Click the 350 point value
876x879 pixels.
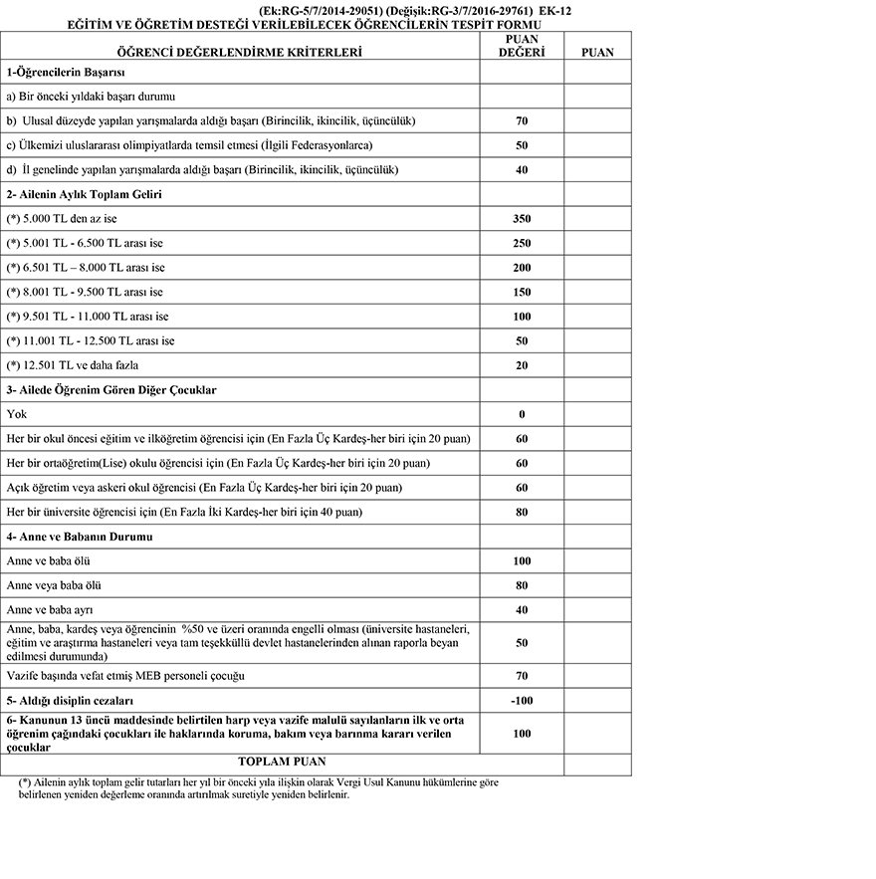pos(522,219)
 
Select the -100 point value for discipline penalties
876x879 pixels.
pos(522,701)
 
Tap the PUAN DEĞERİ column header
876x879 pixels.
pos(522,46)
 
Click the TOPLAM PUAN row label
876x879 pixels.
pos(240,762)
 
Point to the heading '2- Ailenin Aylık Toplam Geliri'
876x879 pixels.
pos(84,194)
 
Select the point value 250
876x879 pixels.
pos(522,243)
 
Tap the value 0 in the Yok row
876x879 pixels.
pos(522,414)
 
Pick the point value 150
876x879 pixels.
pos(522,292)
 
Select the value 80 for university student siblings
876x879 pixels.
pos(522,513)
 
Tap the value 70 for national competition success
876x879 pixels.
pos(522,121)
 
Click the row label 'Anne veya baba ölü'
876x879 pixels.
pos(54,585)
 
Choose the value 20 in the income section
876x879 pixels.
pos(522,365)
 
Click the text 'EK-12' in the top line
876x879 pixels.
pos(555,10)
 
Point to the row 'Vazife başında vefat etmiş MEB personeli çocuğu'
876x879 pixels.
pos(125,676)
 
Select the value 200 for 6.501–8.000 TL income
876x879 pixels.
pos(522,268)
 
